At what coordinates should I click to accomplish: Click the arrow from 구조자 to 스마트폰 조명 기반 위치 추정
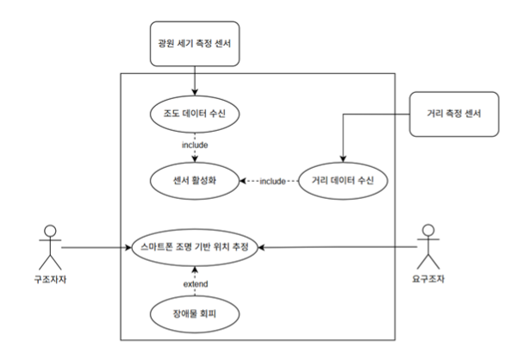95,248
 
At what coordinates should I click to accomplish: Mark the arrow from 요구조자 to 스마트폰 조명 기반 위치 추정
345,248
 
